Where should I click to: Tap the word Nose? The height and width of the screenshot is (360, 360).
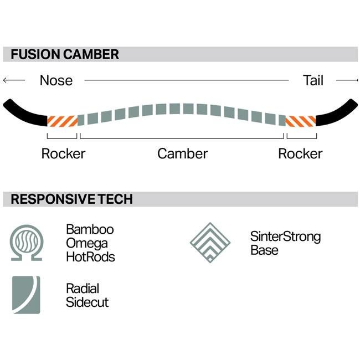(x=56, y=80)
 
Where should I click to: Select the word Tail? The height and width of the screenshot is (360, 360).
(x=313, y=80)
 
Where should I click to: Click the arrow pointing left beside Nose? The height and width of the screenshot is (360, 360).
(x=14, y=80)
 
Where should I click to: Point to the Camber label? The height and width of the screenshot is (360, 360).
(x=182, y=153)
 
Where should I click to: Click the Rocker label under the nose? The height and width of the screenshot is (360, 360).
(x=63, y=153)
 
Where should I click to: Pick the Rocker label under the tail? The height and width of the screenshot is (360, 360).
(x=300, y=153)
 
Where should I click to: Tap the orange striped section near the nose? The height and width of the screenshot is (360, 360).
(x=61, y=120)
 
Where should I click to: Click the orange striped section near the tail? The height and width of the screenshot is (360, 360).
(x=300, y=120)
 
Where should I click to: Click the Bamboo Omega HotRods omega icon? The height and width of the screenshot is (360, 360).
(x=26, y=242)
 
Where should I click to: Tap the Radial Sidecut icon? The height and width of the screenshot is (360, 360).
(x=26, y=295)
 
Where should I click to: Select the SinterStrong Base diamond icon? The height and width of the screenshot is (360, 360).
(x=210, y=242)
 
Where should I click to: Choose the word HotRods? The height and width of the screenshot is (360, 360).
(x=90, y=257)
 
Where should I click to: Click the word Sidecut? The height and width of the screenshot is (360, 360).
(x=87, y=302)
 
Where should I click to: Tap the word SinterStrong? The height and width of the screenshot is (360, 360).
(x=285, y=236)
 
